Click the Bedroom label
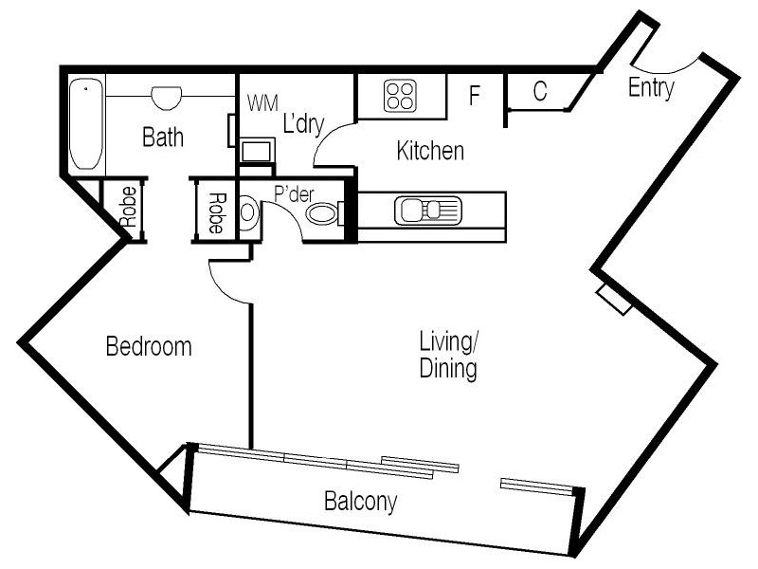(x=148, y=346)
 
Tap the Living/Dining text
(x=449, y=354)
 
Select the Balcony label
(x=359, y=501)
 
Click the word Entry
(x=652, y=88)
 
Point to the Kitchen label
(x=430, y=151)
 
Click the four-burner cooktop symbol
(x=400, y=96)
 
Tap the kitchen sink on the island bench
(x=427, y=210)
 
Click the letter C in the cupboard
(x=539, y=92)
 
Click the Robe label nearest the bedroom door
(x=216, y=213)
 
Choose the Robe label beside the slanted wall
(x=128, y=207)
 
